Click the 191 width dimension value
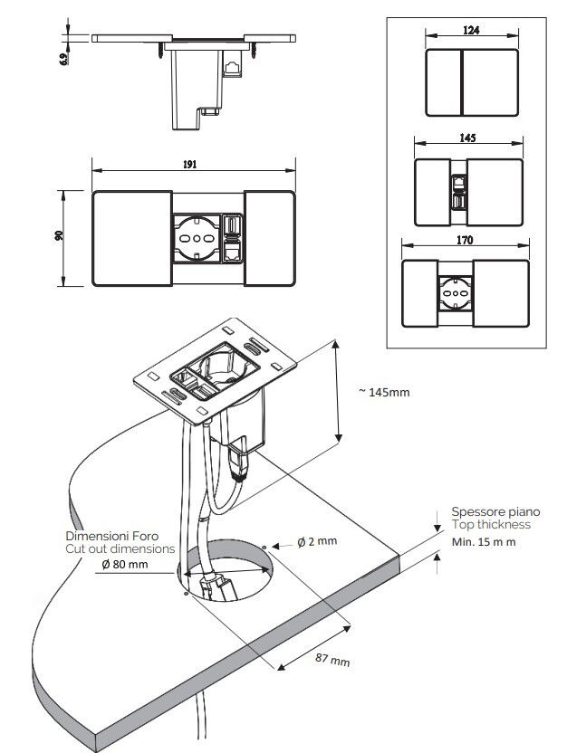click(188, 165)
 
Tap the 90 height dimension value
click(58, 235)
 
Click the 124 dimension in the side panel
click(471, 31)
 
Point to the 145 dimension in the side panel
click(469, 139)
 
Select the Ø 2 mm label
click(317, 541)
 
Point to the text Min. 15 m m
click(484, 541)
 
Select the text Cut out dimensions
click(119, 548)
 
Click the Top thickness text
click(491, 525)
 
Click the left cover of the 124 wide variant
click(444, 82)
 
